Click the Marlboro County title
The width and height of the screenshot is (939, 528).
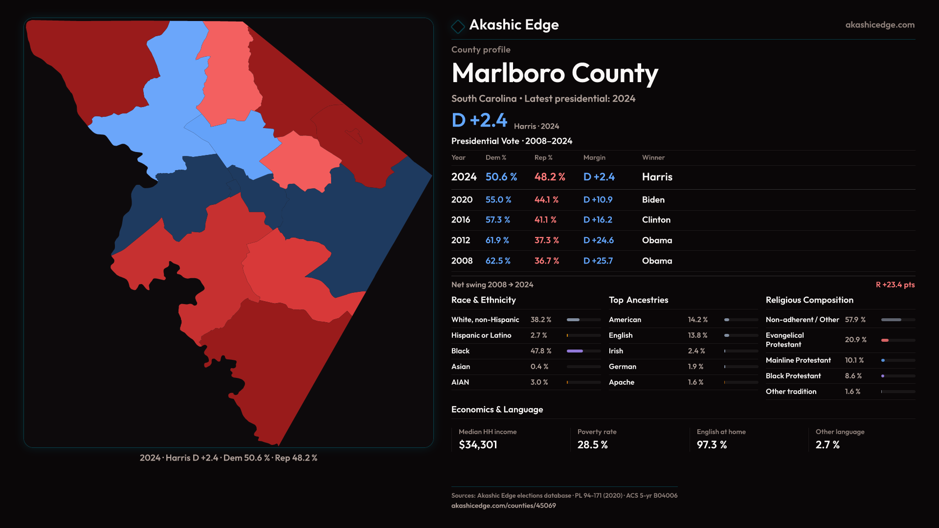coord(555,73)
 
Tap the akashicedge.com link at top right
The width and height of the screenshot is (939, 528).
coord(879,25)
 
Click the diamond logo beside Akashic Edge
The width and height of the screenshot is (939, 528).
coord(458,26)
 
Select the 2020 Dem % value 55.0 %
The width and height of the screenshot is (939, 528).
coord(498,200)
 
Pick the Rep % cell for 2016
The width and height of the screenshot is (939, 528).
coord(545,220)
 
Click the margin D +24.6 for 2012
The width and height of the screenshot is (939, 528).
coord(598,241)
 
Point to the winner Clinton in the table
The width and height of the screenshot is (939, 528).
coord(656,220)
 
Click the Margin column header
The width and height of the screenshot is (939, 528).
coord(594,157)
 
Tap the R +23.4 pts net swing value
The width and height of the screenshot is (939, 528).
coord(894,285)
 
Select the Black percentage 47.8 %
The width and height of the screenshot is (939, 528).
coord(540,351)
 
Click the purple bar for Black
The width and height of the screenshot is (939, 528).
coord(575,351)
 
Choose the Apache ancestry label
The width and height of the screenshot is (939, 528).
coord(621,382)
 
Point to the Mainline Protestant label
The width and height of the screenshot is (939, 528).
coord(798,360)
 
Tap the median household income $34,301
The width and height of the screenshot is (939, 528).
coord(477,445)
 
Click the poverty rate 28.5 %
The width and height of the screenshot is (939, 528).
coord(592,445)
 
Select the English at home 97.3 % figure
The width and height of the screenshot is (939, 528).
coord(712,445)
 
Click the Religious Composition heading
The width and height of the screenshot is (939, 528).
coord(809,300)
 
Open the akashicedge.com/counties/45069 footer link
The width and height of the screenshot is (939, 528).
coord(503,506)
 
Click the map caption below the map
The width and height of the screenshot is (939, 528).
coord(228,458)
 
